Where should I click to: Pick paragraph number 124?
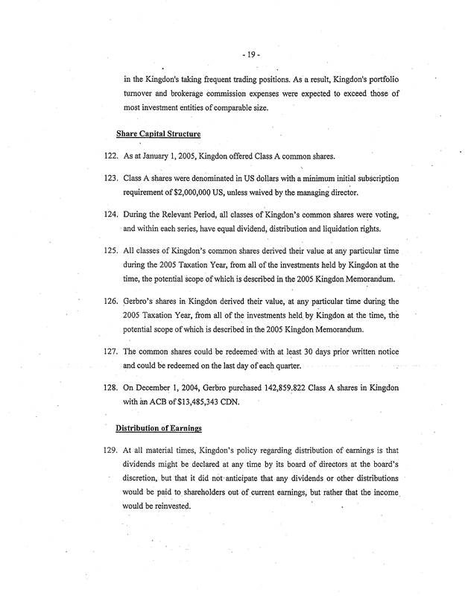coord(104,214)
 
